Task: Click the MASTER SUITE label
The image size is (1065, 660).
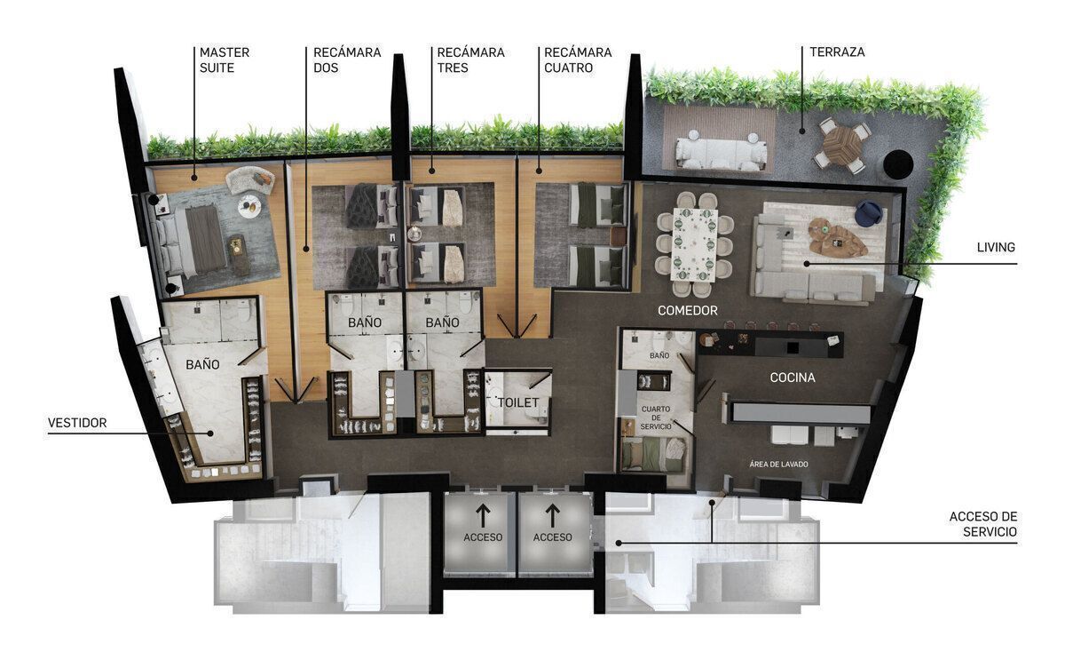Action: click(225, 60)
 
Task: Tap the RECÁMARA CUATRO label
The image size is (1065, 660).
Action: click(578, 60)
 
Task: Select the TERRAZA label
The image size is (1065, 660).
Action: click(837, 52)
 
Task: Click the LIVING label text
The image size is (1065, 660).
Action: click(996, 248)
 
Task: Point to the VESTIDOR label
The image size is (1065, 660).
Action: click(77, 423)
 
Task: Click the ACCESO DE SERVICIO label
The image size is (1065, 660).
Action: click(983, 524)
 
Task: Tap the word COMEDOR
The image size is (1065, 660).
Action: click(688, 311)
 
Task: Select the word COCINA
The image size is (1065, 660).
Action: click(792, 378)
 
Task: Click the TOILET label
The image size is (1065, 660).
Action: click(517, 402)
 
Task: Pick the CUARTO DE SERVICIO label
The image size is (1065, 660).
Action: click(656, 417)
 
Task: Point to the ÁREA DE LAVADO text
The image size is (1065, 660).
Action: click(778, 465)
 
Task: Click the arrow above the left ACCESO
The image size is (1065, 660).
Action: click(483, 516)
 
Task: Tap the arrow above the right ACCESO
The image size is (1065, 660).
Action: click(552, 516)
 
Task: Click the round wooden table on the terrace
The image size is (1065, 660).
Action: click(841, 145)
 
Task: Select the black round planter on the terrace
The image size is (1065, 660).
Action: click(898, 164)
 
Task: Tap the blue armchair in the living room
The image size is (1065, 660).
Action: click(869, 212)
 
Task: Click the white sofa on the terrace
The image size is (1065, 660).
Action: click(721, 153)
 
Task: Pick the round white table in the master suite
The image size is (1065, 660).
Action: click(249, 206)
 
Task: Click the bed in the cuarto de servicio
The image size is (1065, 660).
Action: click(654, 455)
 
